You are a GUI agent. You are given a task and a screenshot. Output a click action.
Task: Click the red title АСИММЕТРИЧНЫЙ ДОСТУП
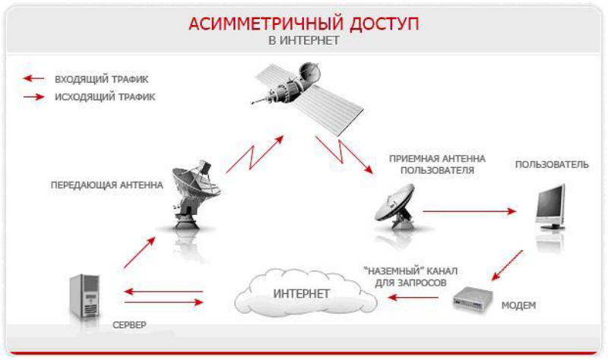click(303, 24)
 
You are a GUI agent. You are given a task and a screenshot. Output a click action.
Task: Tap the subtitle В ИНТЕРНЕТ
click(303, 40)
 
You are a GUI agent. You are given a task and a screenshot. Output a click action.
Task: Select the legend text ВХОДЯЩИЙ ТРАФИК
click(102, 80)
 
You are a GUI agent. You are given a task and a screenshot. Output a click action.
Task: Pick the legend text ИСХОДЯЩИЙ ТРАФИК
click(105, 97)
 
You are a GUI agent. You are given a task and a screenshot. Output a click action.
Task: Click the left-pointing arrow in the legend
click(33, 79)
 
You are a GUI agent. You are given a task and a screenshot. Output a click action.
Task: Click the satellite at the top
click(307, 98)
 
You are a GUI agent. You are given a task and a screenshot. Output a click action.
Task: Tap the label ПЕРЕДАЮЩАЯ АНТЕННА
click(106, 185)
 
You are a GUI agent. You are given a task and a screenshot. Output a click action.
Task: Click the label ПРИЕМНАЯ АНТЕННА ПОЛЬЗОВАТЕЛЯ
click(437, 164)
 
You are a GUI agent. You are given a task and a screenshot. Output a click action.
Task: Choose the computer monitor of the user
click(550, 207)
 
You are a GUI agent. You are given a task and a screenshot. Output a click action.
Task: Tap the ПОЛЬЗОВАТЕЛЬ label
click(552, 165)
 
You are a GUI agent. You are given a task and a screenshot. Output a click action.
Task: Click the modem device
click(472, 298)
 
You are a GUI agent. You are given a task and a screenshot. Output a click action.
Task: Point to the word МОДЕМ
click(518, 305)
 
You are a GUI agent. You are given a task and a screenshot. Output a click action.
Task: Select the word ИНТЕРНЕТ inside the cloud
click(301, 294)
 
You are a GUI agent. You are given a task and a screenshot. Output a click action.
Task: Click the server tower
click(84, 296)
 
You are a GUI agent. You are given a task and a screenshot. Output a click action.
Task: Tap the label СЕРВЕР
click(129, 325)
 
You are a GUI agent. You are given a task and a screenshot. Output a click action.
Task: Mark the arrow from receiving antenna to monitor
click(470, 211)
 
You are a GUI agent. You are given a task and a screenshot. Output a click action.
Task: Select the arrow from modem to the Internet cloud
click(413, 297)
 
